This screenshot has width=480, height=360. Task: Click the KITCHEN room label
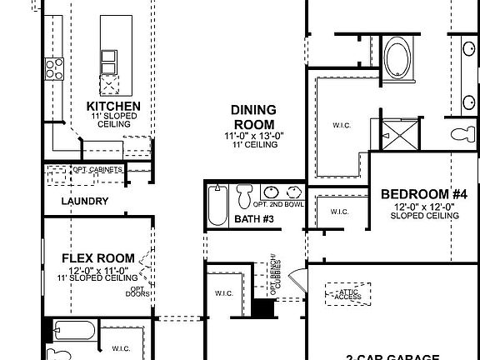[x=113, y=107]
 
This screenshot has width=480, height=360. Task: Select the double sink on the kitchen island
[x=109, y=62]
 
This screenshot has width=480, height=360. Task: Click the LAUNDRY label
[x=84, y=201]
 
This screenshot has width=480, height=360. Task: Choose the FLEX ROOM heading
[x=92, y=257]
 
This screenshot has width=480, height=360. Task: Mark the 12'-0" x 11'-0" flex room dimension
[x=92, y=269]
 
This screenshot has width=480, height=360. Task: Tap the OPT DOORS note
[x=138, y=292]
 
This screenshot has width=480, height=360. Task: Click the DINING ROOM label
[x=253, y=117]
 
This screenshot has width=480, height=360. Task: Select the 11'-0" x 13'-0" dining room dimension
[x=253, y=136]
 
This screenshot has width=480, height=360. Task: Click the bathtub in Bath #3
[x=217, y=207]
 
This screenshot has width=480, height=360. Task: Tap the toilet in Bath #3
[x=244, y=197]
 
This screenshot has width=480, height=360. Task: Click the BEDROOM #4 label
[x=424, y=194]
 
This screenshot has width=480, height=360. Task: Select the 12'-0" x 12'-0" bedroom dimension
[x=424, y=206]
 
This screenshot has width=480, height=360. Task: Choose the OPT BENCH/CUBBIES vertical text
[x=272, y=275]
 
